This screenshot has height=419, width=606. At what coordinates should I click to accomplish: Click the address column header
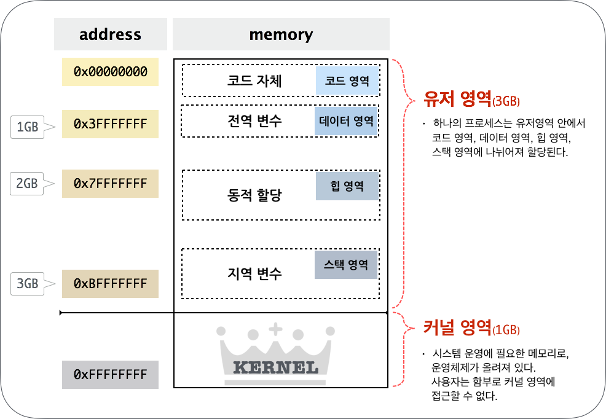point(110,34)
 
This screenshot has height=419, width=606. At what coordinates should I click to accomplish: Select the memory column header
point(281,34)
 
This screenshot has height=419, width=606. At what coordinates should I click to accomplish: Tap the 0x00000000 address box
point(110,72)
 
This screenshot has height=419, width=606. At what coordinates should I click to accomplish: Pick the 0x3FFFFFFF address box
point(110,124)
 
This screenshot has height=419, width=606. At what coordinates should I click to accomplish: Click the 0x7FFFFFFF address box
point(110,184)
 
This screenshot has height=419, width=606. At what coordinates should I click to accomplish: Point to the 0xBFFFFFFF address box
point(110,284)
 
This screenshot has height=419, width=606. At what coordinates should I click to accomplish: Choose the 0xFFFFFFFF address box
point(110,375)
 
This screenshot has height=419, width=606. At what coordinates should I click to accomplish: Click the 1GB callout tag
point(28,127)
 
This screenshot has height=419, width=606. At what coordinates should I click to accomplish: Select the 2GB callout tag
point(27,184)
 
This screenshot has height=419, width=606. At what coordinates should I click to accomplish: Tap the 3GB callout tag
point(28,284)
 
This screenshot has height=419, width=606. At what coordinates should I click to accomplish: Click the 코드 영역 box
point(347,81)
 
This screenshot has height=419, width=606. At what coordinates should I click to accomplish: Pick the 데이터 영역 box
point(346,121)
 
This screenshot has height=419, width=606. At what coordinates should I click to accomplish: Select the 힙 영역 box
point(347,186)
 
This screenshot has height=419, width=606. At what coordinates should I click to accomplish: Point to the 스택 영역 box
point(346,265)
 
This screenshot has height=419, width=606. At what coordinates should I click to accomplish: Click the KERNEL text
point(275,368)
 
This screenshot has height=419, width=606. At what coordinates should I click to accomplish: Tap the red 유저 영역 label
point(457,100)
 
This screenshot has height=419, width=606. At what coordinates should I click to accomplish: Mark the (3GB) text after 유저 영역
point(506,102)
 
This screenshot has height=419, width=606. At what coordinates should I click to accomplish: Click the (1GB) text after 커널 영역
point(506,330)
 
